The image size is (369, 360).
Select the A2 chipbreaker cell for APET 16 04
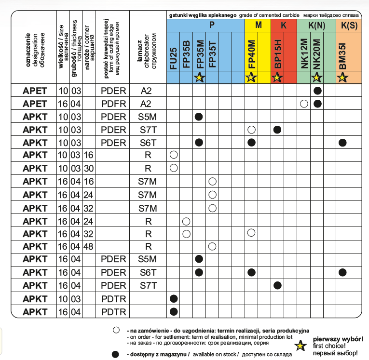point(149,104)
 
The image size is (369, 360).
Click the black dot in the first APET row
point(317,91)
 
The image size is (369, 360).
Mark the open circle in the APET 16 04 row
point(304,104)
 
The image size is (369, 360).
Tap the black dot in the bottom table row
point(173,311)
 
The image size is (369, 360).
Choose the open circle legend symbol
point(115,330)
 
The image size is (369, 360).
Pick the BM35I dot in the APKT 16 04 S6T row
point(343,272)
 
